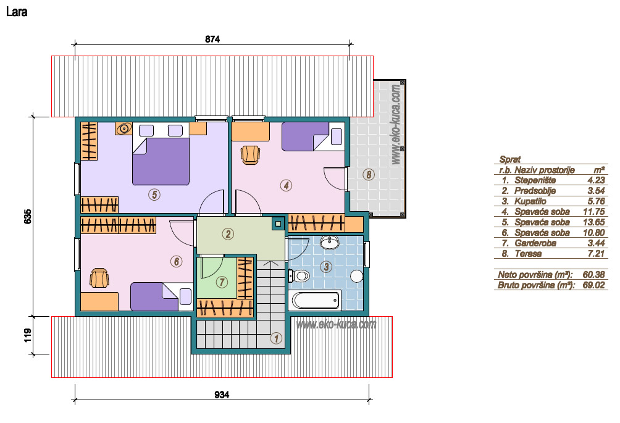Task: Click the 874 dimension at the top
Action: (x=212, y=39)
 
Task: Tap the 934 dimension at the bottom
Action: (x=222, y=395)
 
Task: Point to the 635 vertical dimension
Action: (x=28, y=217)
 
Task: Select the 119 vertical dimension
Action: (x=28, y=336)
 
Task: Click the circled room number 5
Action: (x=154, y=194)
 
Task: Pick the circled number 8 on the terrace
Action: (x=369, y=174)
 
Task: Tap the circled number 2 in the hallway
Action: (x=228, y=233)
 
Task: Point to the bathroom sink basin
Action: (x=329, y=242)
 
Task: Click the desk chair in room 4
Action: (x=250, y=154)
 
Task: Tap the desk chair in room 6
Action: (x=99, y=278)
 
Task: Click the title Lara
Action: (x=17, y=12)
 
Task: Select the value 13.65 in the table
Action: (x=594, y=222)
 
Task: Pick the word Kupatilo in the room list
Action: (x=530, y=201)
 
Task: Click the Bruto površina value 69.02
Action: (x=594, y=285)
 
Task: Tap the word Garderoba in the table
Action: (x=535, y=243)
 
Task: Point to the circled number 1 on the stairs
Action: (x=276, y=338)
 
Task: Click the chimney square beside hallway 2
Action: (x=278, y=224)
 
